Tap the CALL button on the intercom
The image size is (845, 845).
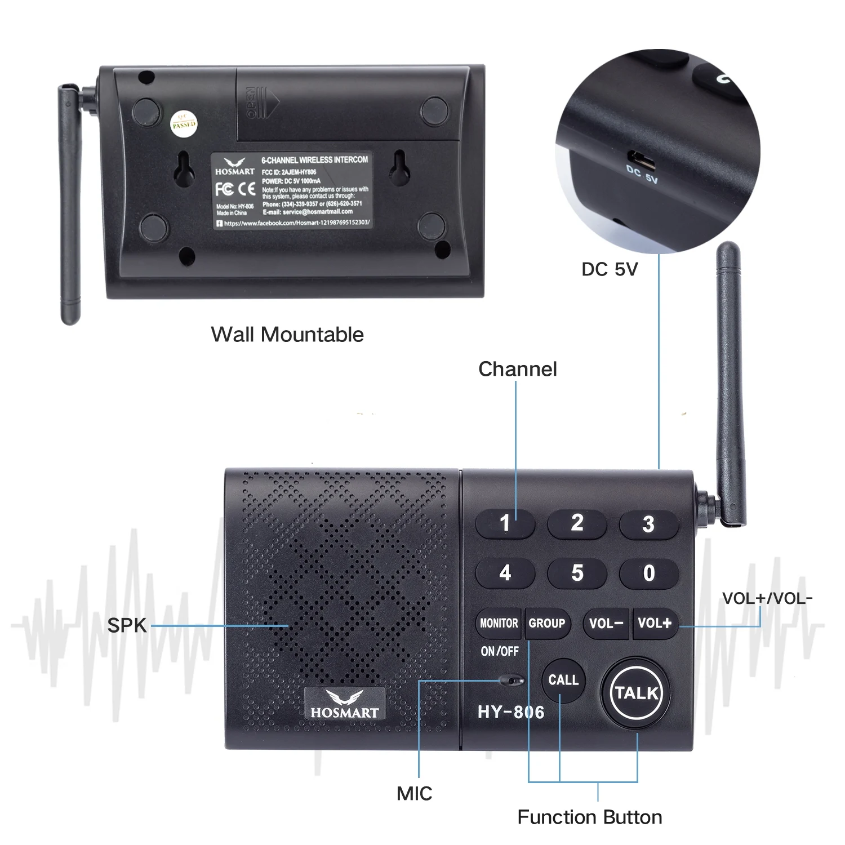(x=563, y=680)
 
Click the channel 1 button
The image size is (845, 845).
(x=505, y=523)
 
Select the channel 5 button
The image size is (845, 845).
(x=577, y=573)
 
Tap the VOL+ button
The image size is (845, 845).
(x=655, y=623)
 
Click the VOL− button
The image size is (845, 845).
(x=606, y=623)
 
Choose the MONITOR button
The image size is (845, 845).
(x=499, y=623)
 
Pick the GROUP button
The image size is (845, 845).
(x=546, y=623)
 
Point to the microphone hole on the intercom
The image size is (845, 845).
(x=512, y=681)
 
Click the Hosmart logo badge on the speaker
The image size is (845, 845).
(x=345, y=704)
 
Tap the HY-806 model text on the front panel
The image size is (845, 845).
(x=510, y=713)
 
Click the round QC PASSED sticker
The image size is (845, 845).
(x=184, y=122)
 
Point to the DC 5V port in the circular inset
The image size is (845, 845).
(x=642, y=160)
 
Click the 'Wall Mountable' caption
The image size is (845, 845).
(x=287, y=335)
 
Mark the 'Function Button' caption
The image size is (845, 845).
(x=589, y=817)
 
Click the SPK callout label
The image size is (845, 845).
(x=127, y=625)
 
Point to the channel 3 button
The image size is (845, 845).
(x=648, y=524)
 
